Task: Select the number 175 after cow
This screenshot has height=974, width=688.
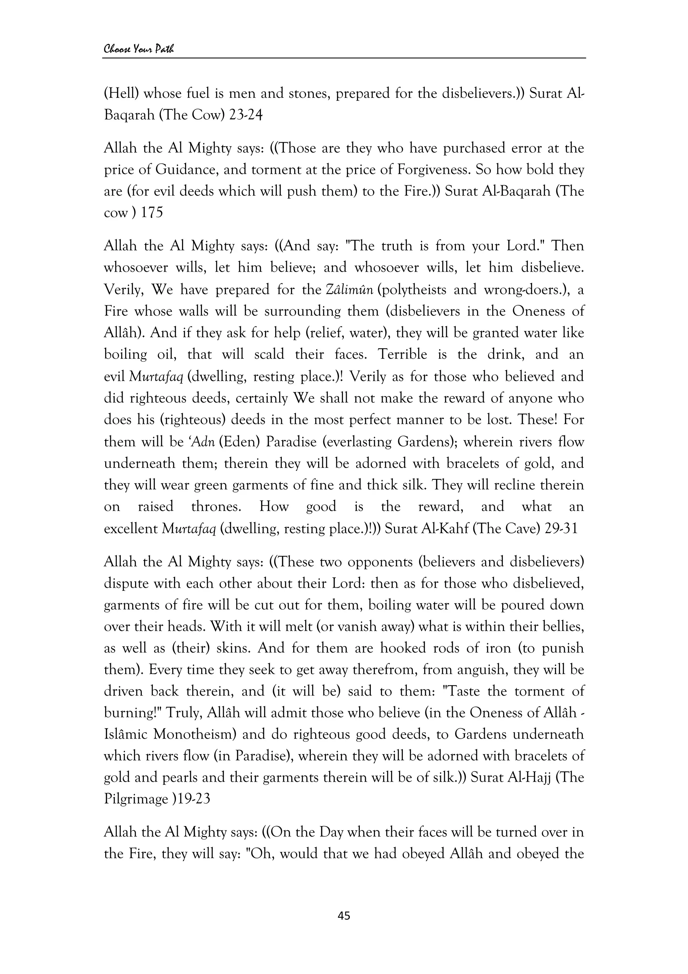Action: [x=152, y=213]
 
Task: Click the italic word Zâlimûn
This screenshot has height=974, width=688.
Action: [x=349, y=290]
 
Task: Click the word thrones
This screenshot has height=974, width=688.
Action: [x=215, y=507]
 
